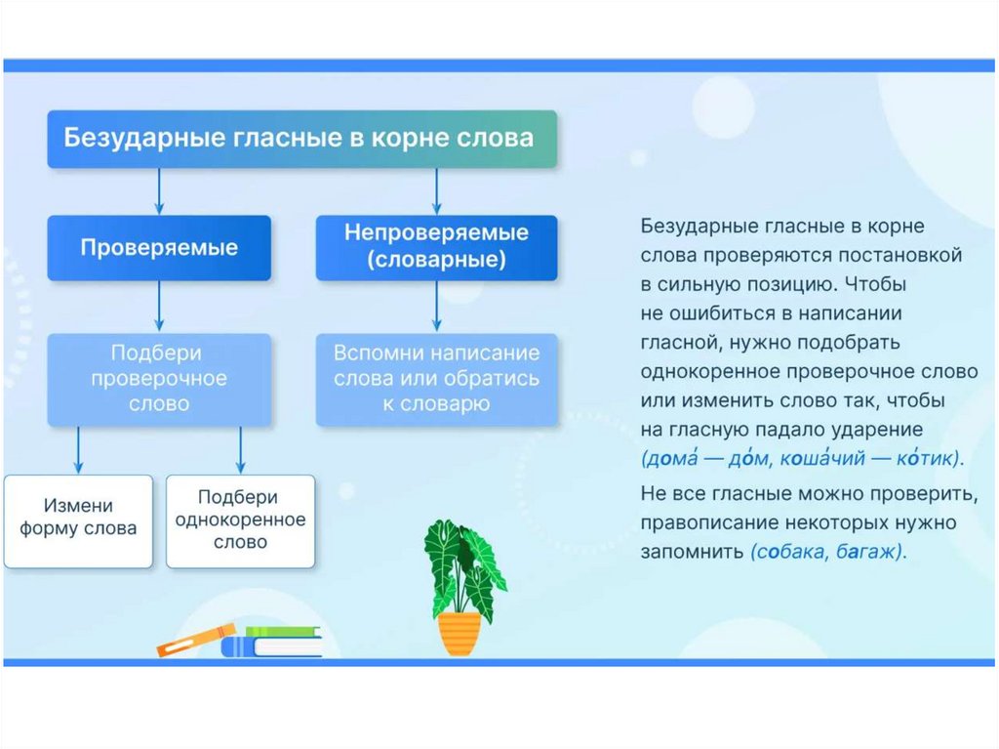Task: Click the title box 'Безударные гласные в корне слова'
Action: coord(302,139)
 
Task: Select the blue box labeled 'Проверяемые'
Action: coord(160,248)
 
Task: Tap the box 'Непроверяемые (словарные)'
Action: coord(436,248)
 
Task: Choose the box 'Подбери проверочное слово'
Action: coord(160,378)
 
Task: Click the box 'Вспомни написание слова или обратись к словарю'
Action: coord(436,378)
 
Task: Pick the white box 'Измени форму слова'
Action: coord(78,520)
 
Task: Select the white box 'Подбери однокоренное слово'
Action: coord(240,520)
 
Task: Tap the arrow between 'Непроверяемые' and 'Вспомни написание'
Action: coord(436,308)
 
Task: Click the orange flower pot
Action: coord(460,632)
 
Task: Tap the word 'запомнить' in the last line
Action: coord(691,551)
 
